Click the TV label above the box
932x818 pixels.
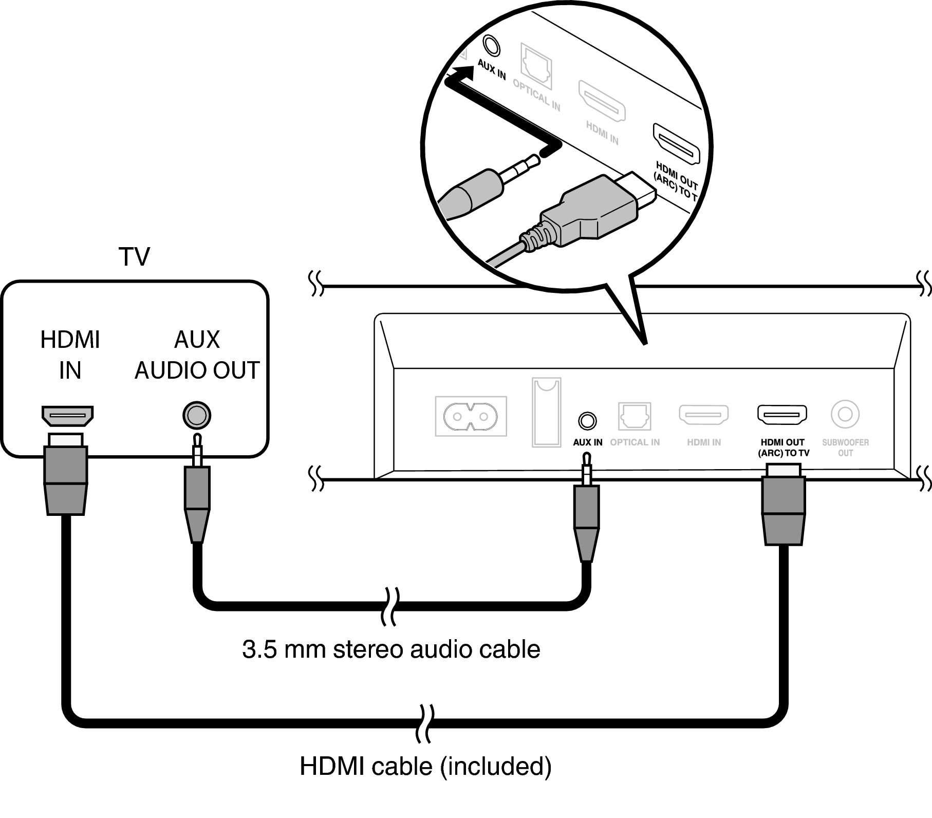tap(134, 256)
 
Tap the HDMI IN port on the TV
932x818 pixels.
tap(67, 415)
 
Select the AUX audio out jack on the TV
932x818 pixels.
tap(197, 415)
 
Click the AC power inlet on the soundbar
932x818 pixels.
tap(471, 416)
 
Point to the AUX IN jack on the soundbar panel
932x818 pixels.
tap(587, 421)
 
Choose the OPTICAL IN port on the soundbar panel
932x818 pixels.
tap(635, 416)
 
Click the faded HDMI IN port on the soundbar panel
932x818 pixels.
tap(703, 415)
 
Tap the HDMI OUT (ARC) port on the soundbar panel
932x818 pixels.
tap(781, 415)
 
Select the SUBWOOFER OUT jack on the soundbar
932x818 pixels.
tap(845, 414)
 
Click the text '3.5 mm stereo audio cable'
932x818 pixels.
tap(391, 649)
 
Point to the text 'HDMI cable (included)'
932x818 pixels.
tap(425, 766)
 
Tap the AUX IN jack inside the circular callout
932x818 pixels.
tap(491, 45)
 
